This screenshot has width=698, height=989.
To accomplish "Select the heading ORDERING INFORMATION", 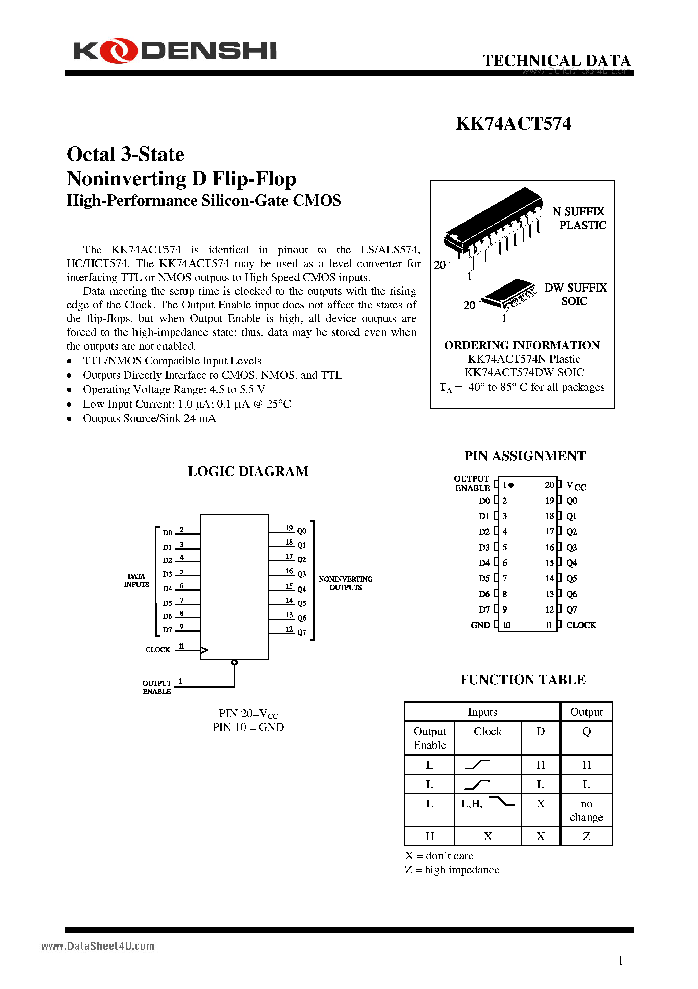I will pyautogui.click(x=522, y=345).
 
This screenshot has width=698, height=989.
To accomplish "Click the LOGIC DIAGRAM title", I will pyautogui.click(x=248, y=471).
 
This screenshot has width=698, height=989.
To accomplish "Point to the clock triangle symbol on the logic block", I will pyautogui.click(x=204, y=650).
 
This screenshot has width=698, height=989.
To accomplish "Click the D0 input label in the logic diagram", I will pyautogui.click(x=167, y=533).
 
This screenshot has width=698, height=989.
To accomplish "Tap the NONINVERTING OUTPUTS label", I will pyautogui.click(x=345, y=583).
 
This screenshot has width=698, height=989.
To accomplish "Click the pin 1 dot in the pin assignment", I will pyautogui.click(x=511, y=485).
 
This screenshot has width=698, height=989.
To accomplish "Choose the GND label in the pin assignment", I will pyautogui.click(x=480, y=625).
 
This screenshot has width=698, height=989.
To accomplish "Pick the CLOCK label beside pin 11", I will pyautogui.click(x=581, y=625).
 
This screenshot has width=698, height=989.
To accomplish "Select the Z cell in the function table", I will pyautogui.click(x=586, y=836).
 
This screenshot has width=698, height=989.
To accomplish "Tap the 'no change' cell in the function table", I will pyautogui.click(x=586, y=810).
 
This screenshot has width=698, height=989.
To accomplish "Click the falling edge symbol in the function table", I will pyautogui.click(x=502, y=801).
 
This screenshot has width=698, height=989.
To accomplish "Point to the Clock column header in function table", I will pyautogui.click(x=488, y=731).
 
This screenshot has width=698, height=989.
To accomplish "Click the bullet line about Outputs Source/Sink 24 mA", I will pyautogui.click(x=149, y=418).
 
